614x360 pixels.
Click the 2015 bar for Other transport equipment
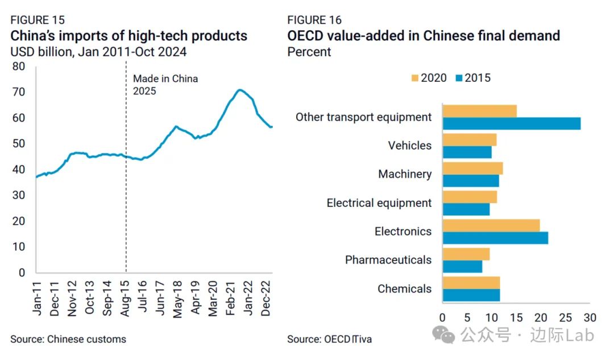511,123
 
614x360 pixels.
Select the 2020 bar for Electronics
491,225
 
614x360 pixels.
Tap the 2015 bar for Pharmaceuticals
462,266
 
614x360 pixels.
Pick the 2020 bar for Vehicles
469,139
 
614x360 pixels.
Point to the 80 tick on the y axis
19,67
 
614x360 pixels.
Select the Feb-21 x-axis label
232,296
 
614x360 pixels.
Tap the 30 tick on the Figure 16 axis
590,316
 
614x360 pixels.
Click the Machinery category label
405,174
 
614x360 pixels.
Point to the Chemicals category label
404,289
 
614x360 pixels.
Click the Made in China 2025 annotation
165,85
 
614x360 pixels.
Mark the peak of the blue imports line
240,90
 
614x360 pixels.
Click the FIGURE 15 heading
38,20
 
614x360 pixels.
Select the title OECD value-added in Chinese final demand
424,36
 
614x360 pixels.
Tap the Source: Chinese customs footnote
68,340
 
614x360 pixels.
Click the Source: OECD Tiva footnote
329,340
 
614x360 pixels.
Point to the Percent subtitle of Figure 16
309,52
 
